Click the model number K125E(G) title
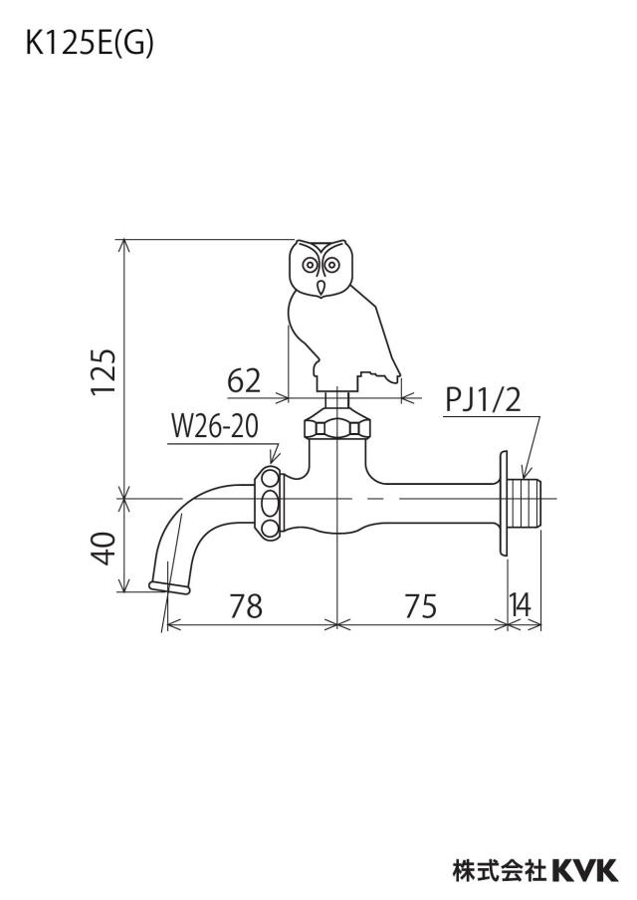tap(90, 45)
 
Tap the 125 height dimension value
tap(105, 372)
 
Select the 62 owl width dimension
tap(244, 380)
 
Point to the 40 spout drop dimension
tap(105, 549)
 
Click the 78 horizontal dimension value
tap(246, 606)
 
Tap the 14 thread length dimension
tap(521, 604)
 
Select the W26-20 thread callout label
tap(215, 427)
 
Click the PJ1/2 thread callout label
tap(483, 399)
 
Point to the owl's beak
tap(321, 287)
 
